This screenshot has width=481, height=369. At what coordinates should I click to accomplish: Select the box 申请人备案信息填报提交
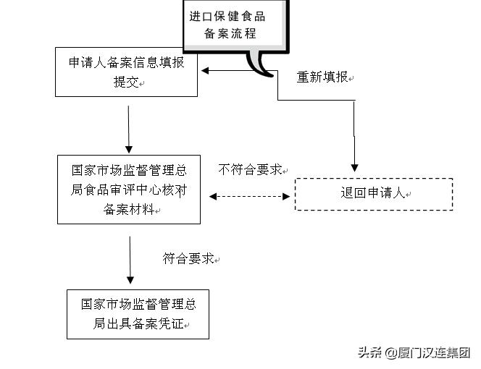127,72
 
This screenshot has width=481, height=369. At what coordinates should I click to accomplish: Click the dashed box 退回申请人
373,194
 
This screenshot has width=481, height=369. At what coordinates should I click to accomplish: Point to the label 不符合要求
250,169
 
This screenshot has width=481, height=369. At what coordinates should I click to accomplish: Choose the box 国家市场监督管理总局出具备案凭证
138,313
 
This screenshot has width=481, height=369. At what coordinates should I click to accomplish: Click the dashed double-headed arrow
249,196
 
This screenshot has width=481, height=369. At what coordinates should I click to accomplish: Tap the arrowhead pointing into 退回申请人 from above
354,166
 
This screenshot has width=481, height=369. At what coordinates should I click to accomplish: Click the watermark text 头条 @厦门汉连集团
414,352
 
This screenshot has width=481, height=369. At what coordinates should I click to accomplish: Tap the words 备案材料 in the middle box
129,209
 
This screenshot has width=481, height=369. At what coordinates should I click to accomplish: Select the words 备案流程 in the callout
227,34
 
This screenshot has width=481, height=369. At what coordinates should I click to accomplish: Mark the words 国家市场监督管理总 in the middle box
130,171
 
